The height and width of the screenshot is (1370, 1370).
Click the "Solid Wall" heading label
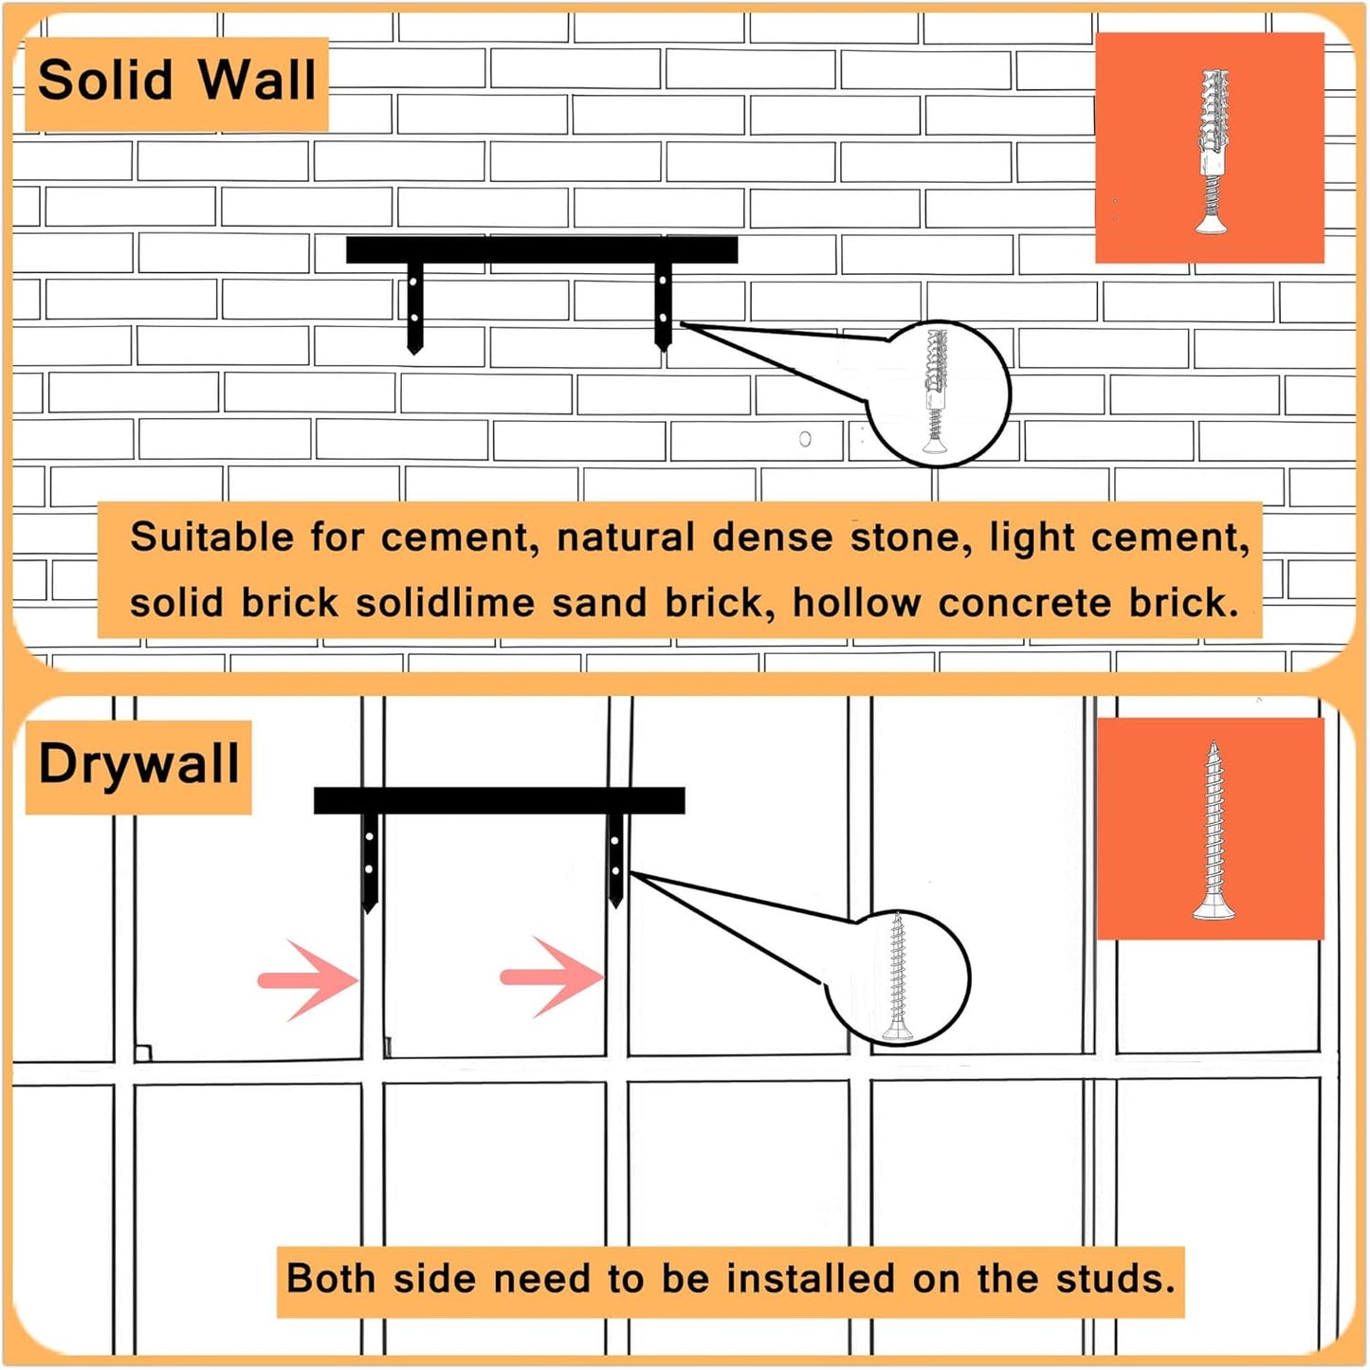[176, 82]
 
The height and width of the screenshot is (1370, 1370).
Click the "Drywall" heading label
[138, 764]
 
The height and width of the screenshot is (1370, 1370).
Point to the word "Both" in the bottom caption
[331, 1279]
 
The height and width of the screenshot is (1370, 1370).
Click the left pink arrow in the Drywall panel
[308, 980]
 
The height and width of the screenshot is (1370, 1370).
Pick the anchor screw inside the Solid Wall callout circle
[936, 392]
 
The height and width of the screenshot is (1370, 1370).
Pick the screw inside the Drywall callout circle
[898, 977]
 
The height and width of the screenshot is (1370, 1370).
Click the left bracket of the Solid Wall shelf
[414, 306]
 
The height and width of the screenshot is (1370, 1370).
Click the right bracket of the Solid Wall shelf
[664, 305]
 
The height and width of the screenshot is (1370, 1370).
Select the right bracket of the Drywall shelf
[616, 858]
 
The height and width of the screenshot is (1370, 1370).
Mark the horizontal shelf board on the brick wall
[541, 249]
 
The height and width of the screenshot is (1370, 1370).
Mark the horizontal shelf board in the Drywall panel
[499, 800]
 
